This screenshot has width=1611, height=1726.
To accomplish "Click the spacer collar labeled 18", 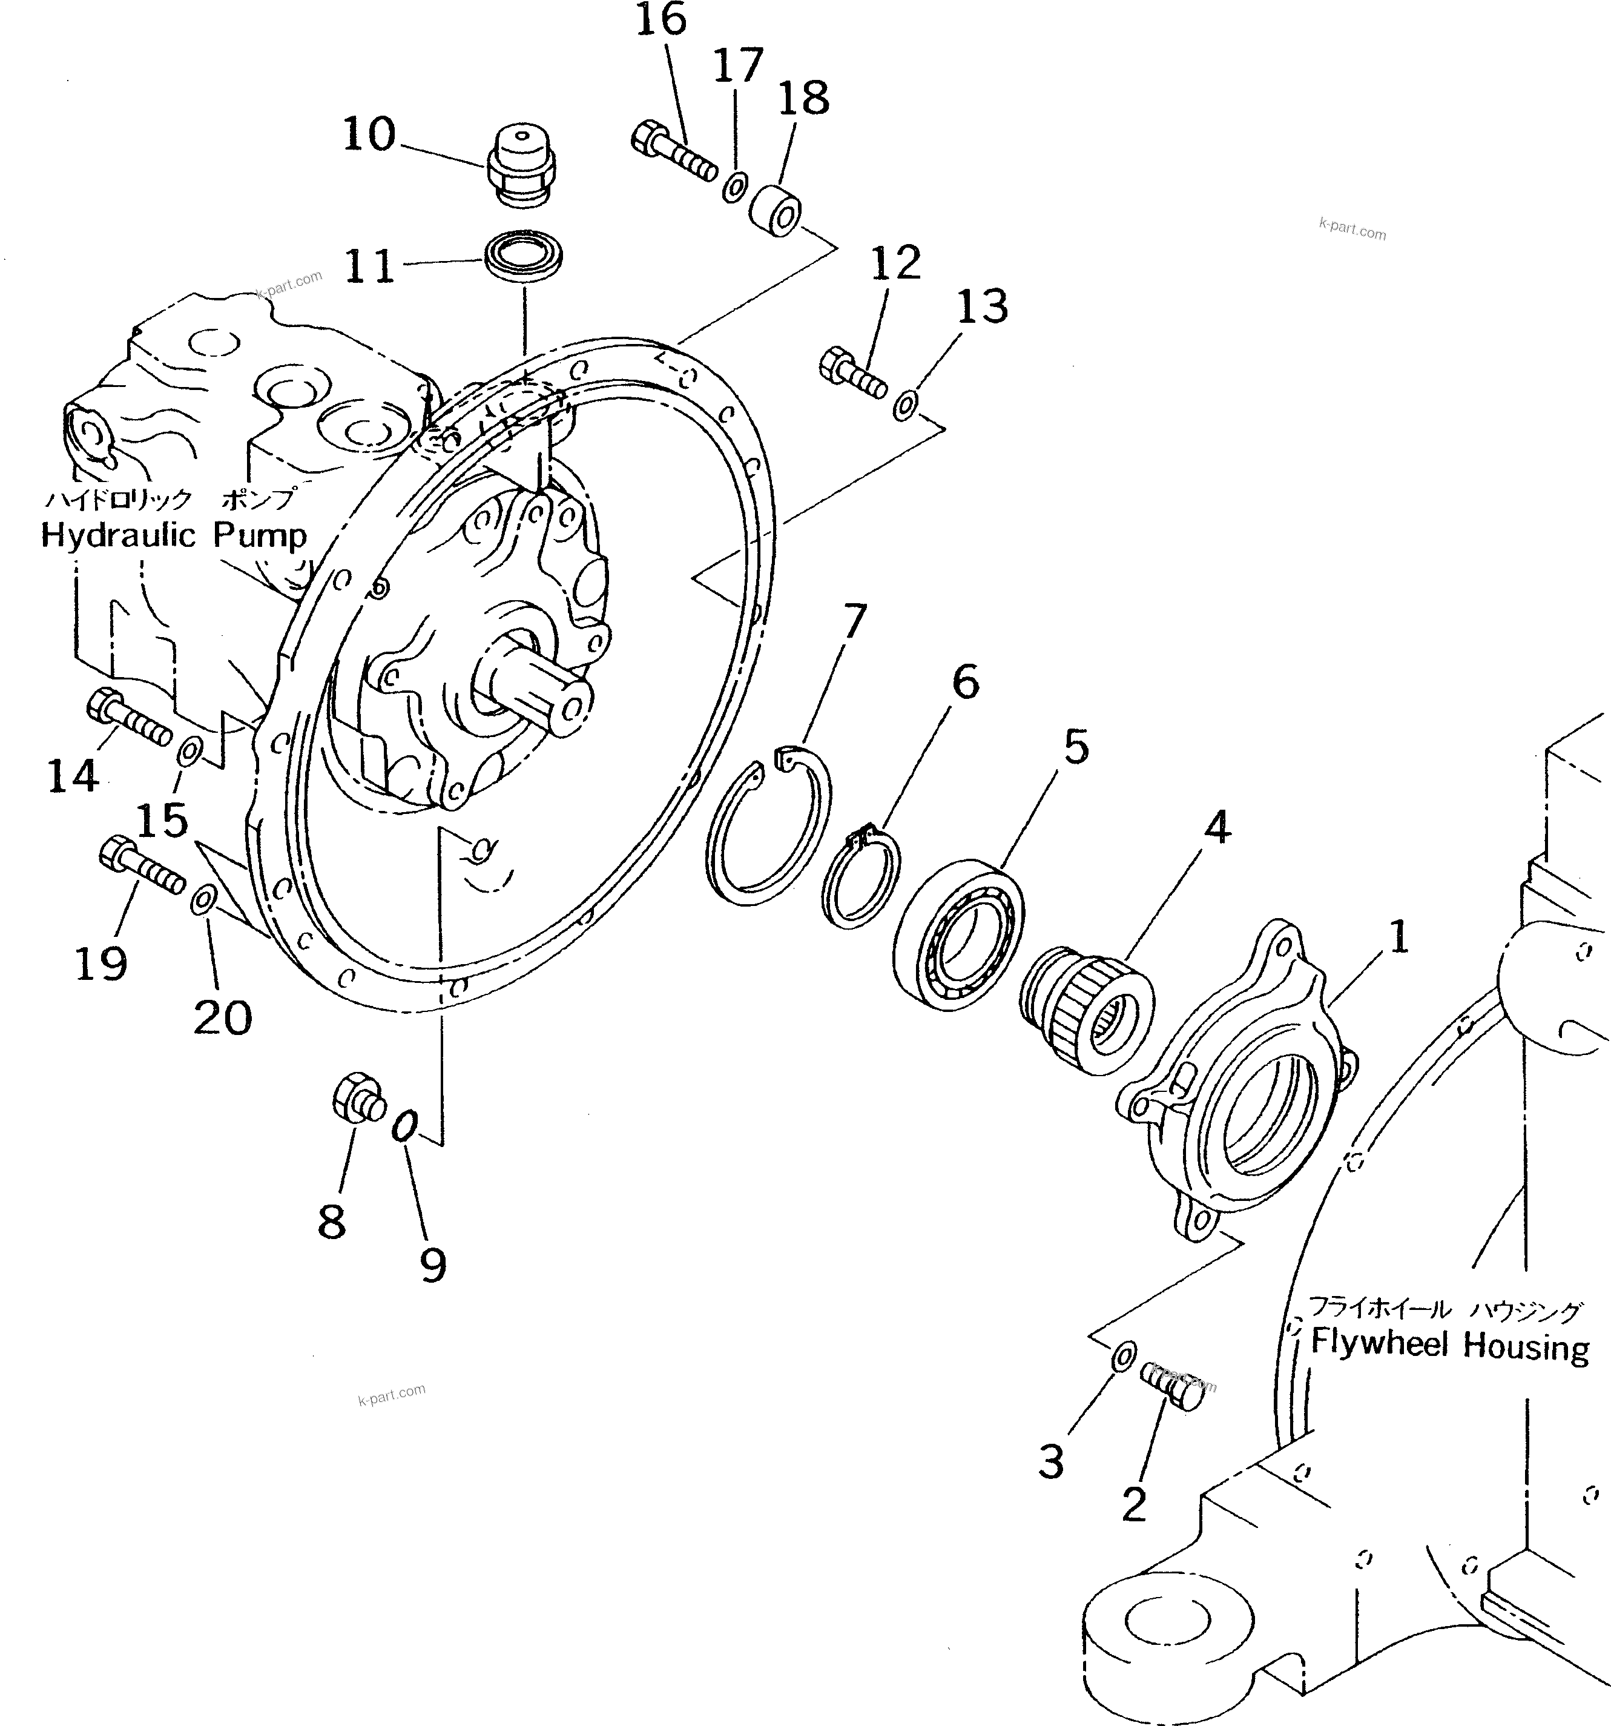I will [x=775, y=209].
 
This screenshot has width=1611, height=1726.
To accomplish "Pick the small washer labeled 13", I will [x=904, y=405].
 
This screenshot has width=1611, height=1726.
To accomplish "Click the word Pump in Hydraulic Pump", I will [x=260, y=536].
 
